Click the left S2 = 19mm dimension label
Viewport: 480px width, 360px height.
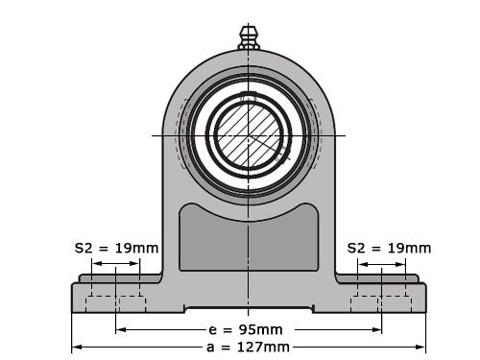point(116,248)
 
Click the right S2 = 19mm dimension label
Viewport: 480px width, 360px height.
point(389,248)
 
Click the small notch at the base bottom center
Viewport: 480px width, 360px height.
point(249,309)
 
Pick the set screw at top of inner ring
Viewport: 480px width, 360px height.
point(249,98)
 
